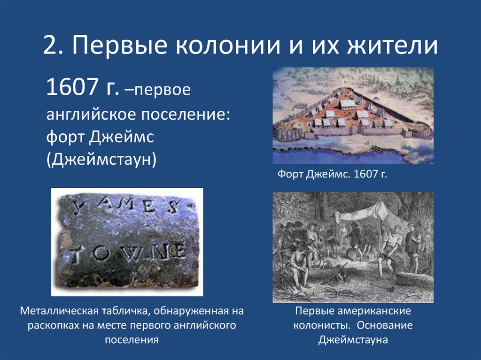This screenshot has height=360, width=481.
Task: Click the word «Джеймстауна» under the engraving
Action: (x=353, y=339)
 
